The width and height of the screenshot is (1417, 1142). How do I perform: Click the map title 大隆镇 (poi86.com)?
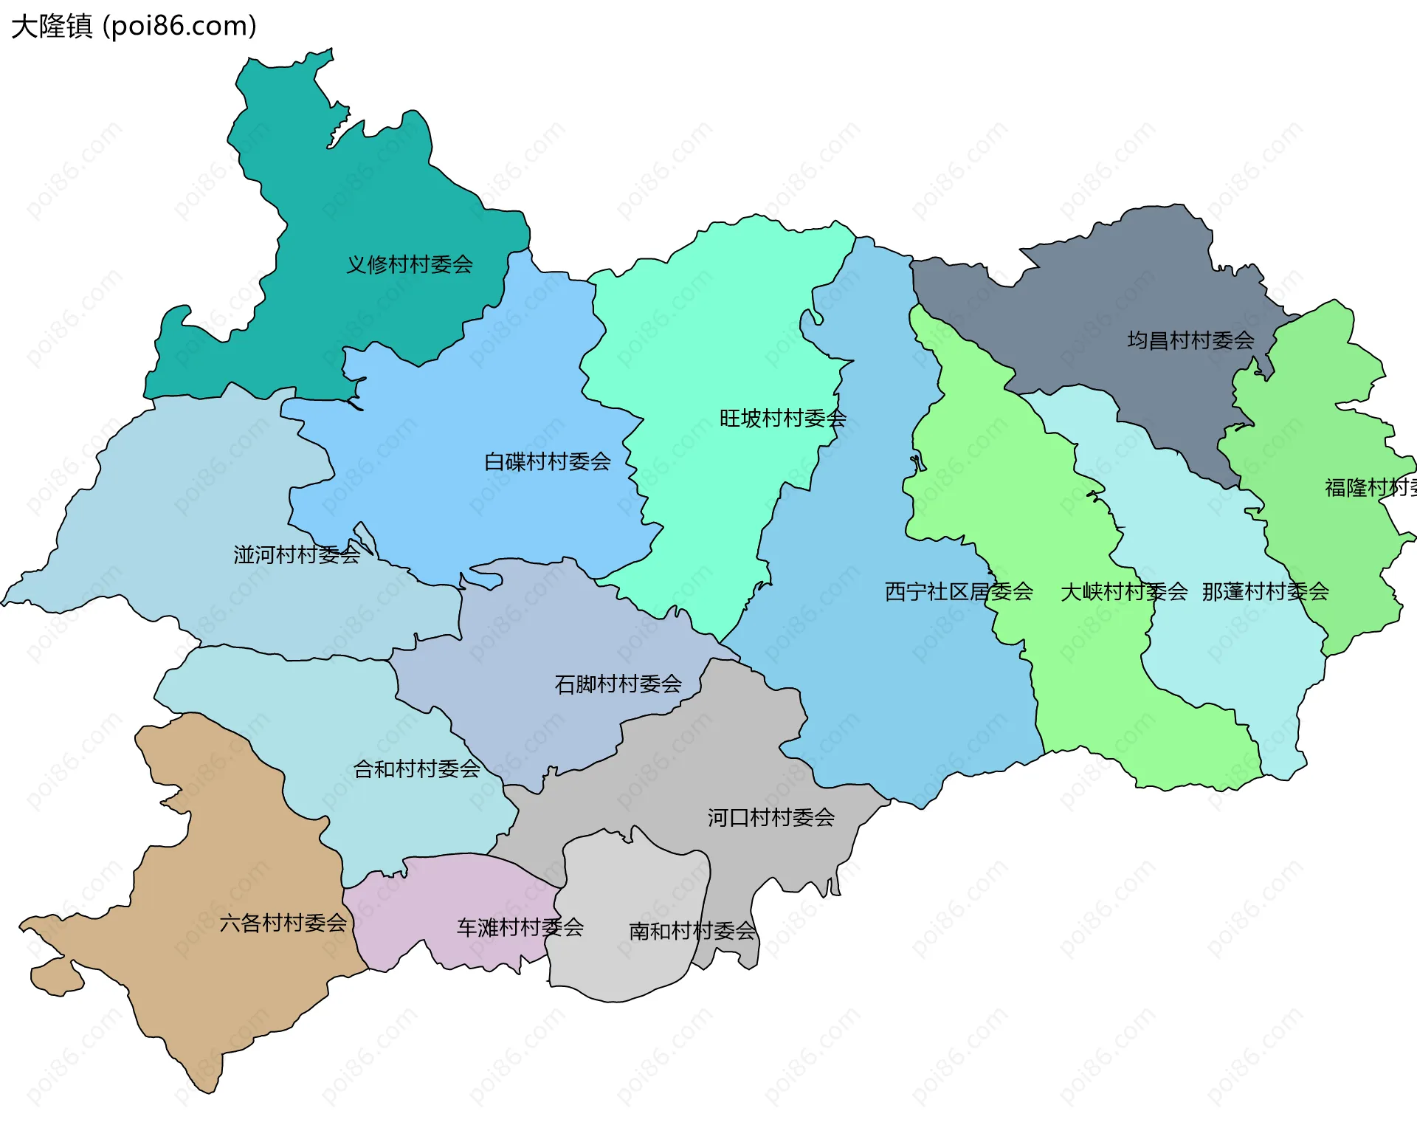(134, 26)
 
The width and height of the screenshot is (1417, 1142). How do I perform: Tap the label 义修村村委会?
(410, 264)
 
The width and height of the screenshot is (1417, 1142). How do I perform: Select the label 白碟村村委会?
(547, 462)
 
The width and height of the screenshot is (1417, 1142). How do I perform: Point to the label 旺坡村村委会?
(782, 419)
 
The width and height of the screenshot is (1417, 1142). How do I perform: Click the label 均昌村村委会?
(1190, 340)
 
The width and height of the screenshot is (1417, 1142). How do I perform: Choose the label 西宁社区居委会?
(959, 591)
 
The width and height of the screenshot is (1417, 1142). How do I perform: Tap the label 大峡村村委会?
(1123, 591)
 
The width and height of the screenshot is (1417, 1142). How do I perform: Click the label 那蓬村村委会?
(1265, 591)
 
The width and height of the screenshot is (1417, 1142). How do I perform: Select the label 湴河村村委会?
(297, 554)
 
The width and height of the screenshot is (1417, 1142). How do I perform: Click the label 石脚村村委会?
(618, 684)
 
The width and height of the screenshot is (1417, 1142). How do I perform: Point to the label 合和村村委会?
(417, 769)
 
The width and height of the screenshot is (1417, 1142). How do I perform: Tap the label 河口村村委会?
(770, 817)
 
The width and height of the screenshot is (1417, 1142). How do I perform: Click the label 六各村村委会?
(283, 923)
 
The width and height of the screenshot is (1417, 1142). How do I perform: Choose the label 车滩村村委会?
(520, 927)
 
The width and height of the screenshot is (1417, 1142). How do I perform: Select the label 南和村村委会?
(692, 931)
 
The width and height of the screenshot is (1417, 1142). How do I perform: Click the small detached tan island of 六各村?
(55, 977)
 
